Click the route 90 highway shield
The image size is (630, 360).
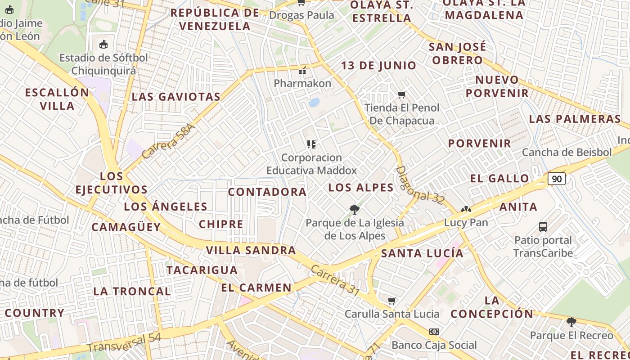click(557, 179)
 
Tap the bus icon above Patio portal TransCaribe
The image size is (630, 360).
click(543, 226)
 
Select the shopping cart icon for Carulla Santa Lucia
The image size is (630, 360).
click(391, 301)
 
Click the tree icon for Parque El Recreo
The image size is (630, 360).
click(571, 322)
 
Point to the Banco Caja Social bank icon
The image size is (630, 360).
click(434, 332)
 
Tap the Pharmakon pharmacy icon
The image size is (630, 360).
click(302, 70)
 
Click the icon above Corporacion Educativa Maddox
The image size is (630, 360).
click(311, 144)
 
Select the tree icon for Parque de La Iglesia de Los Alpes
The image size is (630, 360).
click(355, 209)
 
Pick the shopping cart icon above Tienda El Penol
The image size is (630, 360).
click(402, 94)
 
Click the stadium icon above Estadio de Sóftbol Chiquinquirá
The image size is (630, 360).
click(103, 44)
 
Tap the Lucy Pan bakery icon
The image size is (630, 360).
click(466, 210)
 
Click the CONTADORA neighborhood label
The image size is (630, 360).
click(267, 192)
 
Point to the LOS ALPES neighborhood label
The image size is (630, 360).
click(361, 188)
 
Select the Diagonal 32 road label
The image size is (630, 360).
click(420, 185)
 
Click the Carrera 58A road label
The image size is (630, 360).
click(168, 141)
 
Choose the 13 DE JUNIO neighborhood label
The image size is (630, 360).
click(378, 66)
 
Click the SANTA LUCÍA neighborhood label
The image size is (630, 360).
click(422, 253)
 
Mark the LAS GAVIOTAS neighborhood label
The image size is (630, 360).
click(176, 97)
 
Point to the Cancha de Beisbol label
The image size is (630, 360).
click(567, 152)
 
